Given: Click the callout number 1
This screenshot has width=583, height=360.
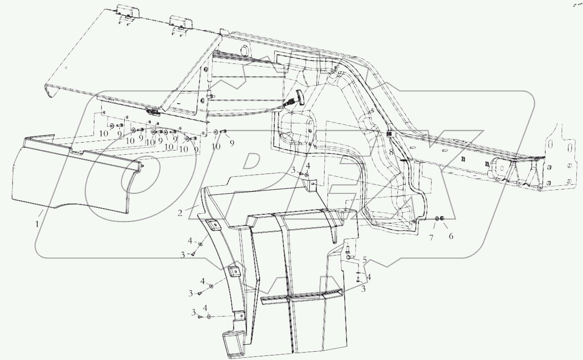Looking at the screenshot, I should [x=37, y=224].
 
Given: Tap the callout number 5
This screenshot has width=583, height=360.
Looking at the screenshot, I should [x=365, y=260].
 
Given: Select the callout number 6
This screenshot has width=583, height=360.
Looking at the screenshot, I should [x=451, y=236].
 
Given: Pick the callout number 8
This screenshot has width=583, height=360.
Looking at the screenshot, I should [x=391, y=153].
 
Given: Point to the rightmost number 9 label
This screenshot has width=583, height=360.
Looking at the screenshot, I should [x=231, y=143].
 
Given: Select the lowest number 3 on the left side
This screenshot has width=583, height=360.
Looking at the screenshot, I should [x=194, y=312].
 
